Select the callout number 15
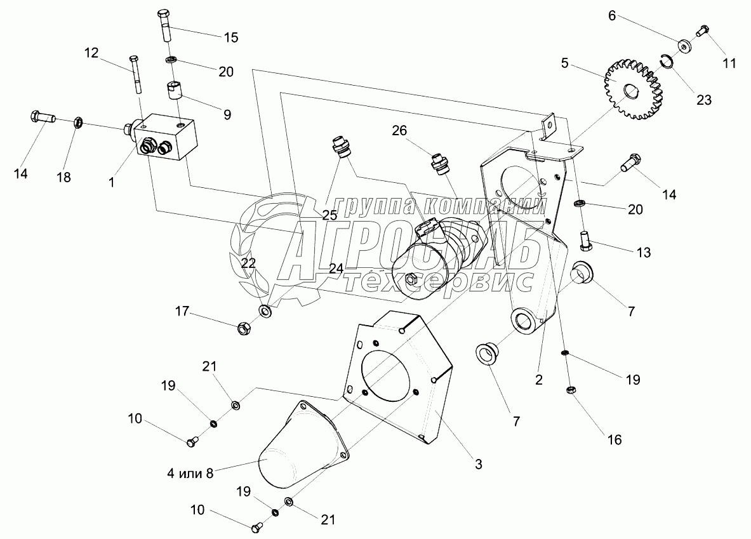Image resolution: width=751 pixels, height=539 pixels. click(230, 37)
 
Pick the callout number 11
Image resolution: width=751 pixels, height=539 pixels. click(729, 63)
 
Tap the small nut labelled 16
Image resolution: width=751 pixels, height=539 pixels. click(569, 390)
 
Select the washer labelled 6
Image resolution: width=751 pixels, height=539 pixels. click(684, 46)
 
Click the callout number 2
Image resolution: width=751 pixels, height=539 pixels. click(538, 380)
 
